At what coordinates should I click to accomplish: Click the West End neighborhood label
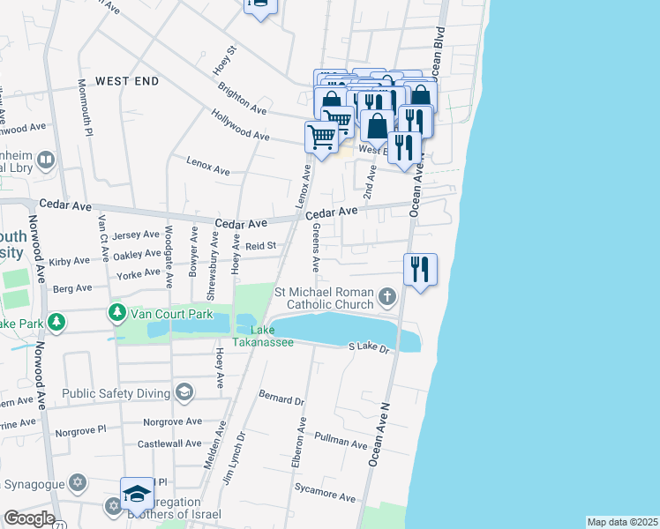[x=127, y=81]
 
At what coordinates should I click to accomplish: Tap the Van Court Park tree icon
[x=116, y=313]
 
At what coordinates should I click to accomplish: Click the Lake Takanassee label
[x=264, y=336]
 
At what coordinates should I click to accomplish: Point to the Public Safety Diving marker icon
[x=184, y=391]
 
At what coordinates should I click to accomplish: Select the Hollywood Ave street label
[x=240, y=125]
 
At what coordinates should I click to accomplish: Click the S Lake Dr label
[x=369, y=348]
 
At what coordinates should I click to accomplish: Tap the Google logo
[x=28, y=518]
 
